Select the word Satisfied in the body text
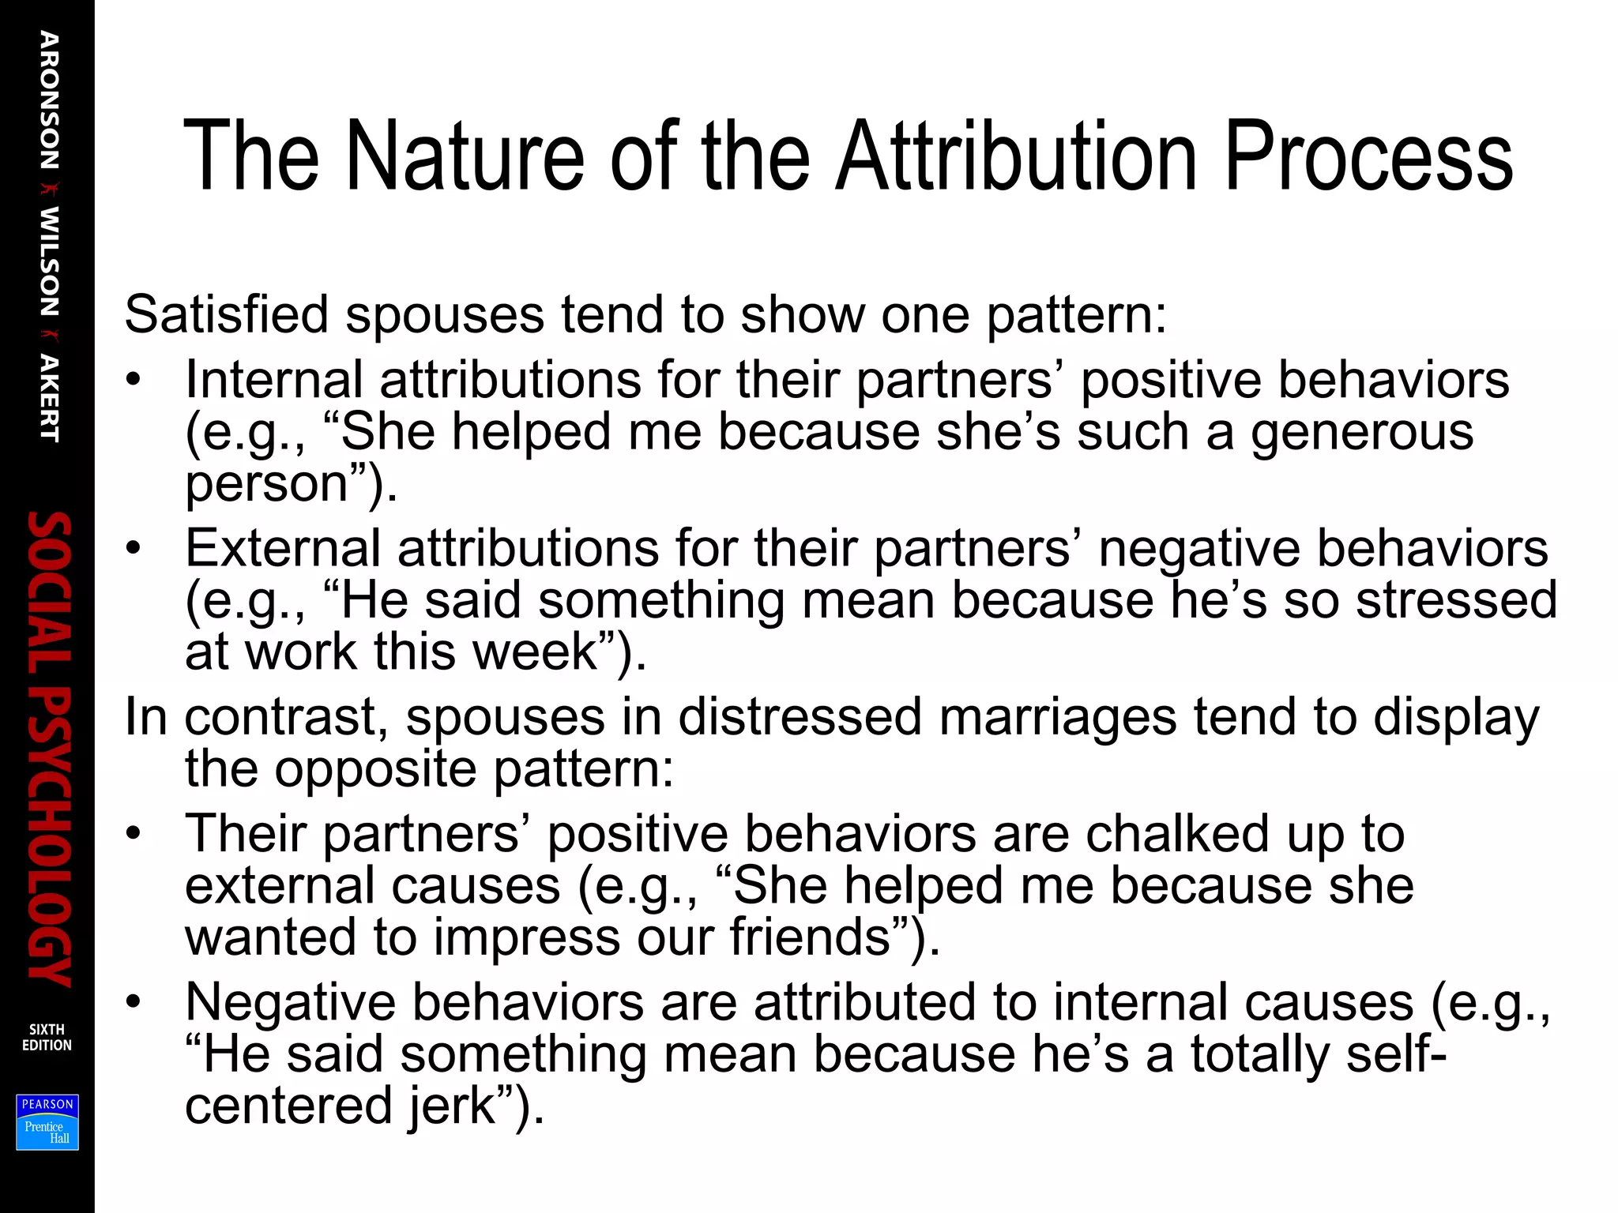(x=226, y=314)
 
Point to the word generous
(x=1362, y=433)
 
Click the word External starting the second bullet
(x=283, y=548)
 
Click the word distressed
(x=800, y=717)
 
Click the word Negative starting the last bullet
(x=290, y=1002)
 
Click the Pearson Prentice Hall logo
(x=47, y=1122)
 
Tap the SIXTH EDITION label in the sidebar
(x=47, y=1037)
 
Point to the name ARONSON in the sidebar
(x=48, y=100)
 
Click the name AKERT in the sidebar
(x=48, y=398)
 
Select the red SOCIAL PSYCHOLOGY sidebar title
(x=49, y=749)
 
